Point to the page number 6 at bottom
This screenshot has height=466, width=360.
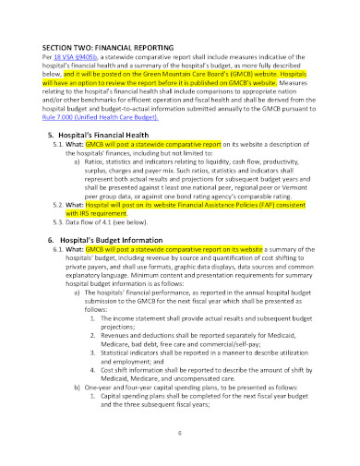click(180, 434)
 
